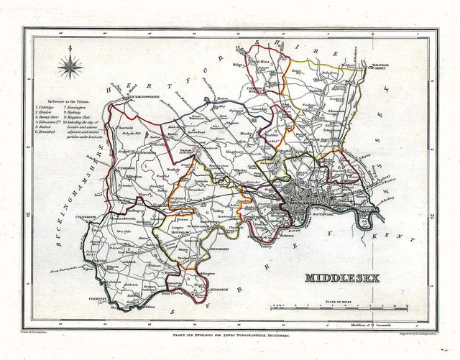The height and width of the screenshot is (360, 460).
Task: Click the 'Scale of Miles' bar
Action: pyautogui.click(x=339, y=308)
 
